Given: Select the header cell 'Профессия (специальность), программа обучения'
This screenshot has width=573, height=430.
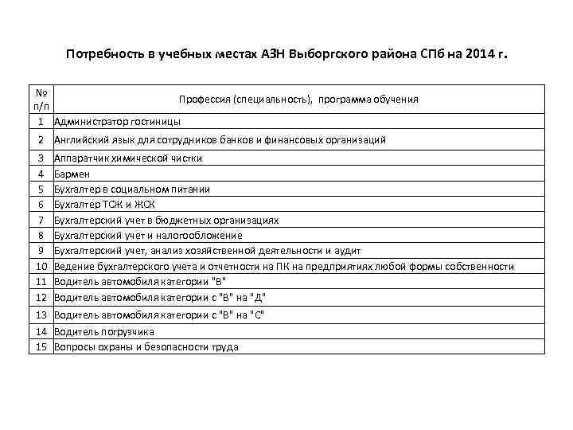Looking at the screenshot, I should [298, 100].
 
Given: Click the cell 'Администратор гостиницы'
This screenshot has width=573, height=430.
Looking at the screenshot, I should [117, 122].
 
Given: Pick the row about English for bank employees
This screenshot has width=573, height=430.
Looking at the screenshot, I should [220, 140].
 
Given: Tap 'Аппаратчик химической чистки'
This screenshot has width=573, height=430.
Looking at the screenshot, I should [127, 158].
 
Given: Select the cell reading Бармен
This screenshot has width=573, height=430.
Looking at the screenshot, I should [72, 174].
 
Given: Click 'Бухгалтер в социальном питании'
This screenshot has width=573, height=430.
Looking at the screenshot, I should [131, 190].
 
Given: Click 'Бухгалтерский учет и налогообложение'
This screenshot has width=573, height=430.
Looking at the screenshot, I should [148, 236].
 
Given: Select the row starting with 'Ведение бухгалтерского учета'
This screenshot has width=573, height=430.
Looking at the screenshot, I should [283, 267].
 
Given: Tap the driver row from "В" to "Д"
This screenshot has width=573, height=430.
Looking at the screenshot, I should [159, 298].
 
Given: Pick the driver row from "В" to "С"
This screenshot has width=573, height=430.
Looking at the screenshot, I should [158, 315].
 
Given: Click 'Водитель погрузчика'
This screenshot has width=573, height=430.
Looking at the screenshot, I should [103, 331].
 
